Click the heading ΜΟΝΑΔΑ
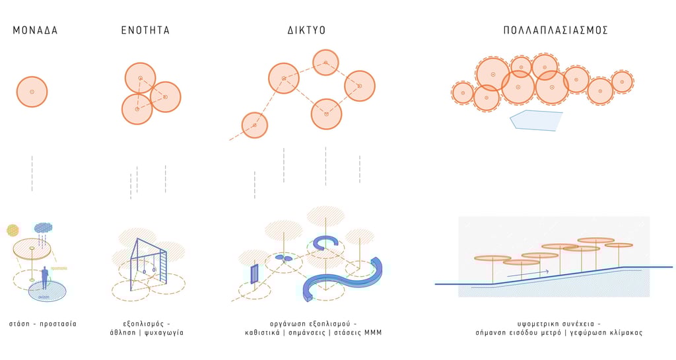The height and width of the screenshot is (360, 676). (x=35, y=30)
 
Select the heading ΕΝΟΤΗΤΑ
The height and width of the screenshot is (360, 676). (x=145, y=30)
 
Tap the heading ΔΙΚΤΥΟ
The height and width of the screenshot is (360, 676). (x=306, y=30)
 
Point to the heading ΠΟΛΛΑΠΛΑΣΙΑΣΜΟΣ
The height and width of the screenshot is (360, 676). (x=555, y=30)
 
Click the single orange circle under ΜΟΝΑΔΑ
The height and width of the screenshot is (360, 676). (x=32, y=92)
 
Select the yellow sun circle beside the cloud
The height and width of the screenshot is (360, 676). (x=13, y=230)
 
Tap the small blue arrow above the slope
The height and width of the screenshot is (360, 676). (x=528, y=271)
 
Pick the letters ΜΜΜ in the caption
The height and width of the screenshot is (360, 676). (x=373, y=333)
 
